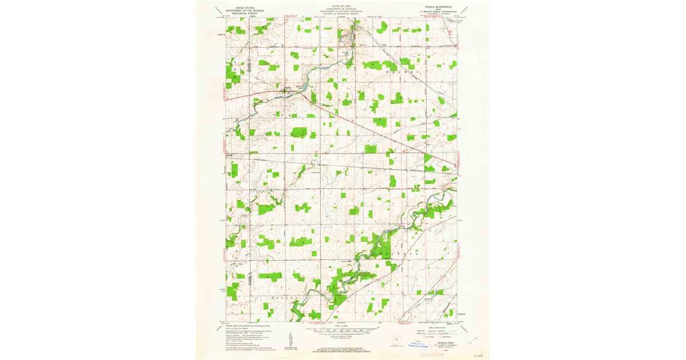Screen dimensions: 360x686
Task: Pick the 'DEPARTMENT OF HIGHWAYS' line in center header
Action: coord(342,9)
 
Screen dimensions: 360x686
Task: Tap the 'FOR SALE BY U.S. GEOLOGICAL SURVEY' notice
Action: coord(342,347)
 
